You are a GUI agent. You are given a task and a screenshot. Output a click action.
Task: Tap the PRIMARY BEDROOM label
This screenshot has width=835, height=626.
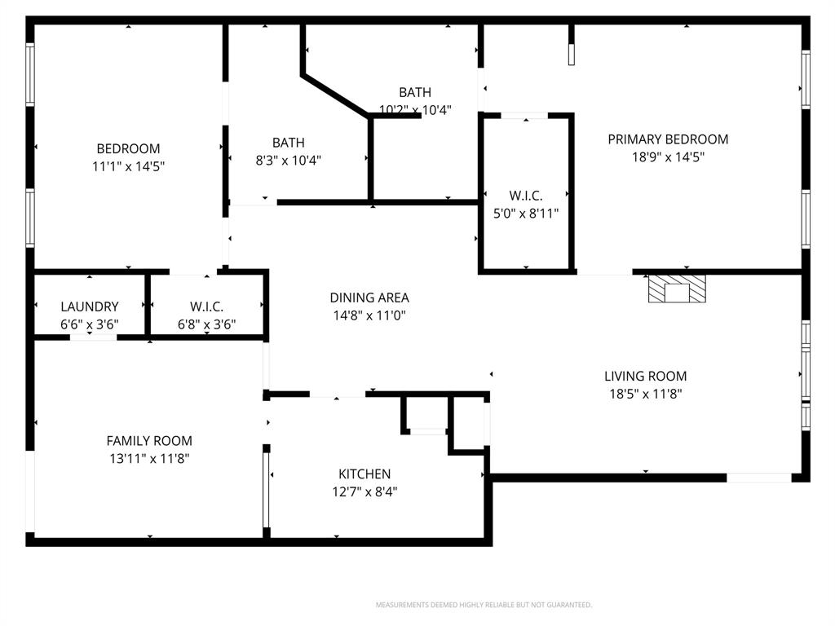pos(668,139)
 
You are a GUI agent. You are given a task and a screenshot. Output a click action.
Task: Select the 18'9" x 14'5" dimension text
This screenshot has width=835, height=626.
pos(668,157)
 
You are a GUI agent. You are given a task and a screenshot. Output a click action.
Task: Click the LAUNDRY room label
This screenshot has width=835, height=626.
pos(90,306)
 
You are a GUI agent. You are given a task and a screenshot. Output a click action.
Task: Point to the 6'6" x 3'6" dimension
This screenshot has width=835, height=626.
pos(90,324)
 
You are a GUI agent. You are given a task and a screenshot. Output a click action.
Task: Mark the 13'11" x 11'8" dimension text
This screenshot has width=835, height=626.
pos(149,459)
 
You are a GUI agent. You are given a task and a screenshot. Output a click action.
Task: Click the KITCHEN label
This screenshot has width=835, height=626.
pos(364,474)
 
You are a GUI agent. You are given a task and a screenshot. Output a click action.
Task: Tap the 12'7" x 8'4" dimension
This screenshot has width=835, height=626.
pos(364,492)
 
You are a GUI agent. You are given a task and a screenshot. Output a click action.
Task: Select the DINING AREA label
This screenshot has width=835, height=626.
pos(369,298)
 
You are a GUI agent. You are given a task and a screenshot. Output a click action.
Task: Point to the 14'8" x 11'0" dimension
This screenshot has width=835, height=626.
pos(369,315)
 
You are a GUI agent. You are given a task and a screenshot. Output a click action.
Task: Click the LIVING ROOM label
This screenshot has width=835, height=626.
pos(645,376)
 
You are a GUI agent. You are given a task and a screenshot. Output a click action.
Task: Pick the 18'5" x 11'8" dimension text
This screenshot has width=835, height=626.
pos(645,394)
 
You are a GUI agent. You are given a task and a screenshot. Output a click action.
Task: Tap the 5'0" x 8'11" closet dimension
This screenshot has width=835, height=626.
pos(525,214)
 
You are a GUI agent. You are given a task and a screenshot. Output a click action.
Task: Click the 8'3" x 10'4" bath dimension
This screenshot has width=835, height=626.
pos(289,161)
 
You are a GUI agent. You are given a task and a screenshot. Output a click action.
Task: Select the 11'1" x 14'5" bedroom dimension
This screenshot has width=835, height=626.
pos(129,166)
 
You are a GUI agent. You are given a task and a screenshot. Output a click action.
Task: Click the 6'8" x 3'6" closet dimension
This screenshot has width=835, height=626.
pos(206,324)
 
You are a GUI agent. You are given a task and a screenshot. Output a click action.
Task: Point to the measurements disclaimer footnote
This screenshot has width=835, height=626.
pos(484,605)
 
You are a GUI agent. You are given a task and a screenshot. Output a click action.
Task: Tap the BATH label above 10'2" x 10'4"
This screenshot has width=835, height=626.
pos(415,92)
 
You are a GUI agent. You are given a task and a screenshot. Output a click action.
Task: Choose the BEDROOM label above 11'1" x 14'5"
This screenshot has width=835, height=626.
pos(129,148)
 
